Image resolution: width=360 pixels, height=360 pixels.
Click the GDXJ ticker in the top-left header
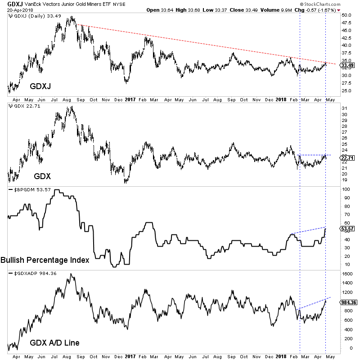(10, 4)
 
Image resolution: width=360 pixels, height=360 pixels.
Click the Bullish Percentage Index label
(45, 260)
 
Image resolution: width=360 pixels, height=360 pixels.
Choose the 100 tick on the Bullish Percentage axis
(345, 189)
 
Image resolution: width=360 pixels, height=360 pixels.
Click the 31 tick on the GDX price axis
(344, 108)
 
